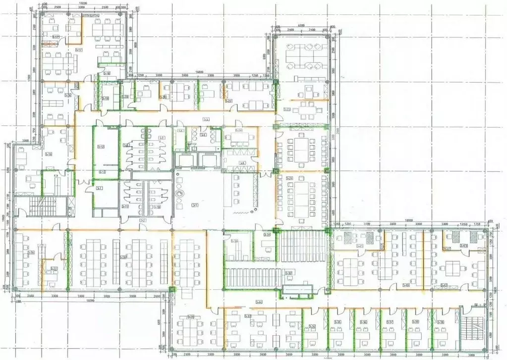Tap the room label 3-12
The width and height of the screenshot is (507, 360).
pos(101,147)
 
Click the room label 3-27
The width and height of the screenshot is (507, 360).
pos(54,269)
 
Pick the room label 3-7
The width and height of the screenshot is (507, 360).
pos(100,188)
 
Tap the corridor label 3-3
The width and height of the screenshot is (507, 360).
pos(206,119)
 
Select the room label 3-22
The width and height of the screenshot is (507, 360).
pos(228,101)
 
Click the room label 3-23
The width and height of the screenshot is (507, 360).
pos(287,109)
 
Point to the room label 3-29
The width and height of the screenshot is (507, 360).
pos(190,317)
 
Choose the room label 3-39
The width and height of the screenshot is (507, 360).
pos(441,322)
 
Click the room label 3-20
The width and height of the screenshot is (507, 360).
pos(126,97)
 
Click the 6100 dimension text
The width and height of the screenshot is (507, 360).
pos(300,25)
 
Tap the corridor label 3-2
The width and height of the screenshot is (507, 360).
pos(143,219)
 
